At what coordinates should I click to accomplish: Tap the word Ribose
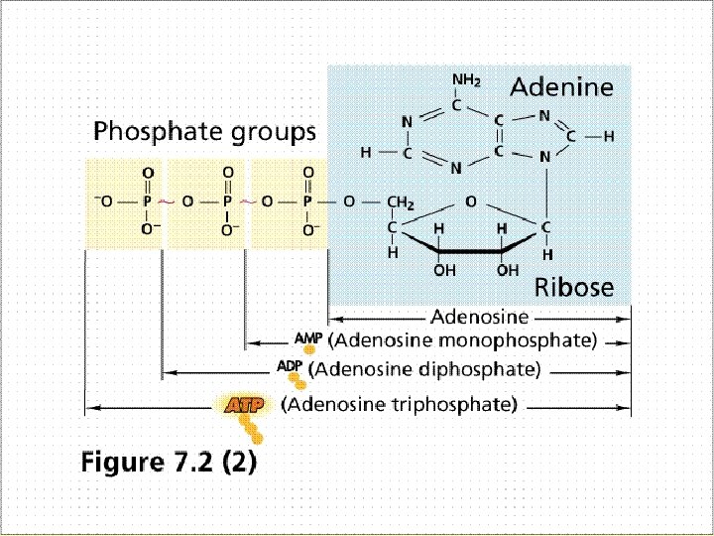(x=574, y=288)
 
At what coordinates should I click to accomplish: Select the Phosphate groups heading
(x=204, y=131)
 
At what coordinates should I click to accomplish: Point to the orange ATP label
(x=242, y=405)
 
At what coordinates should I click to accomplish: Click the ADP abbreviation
(x=290, y=366)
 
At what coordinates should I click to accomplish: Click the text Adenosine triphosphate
(x=399, y=405)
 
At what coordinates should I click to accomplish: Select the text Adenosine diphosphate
(x=424, y=369)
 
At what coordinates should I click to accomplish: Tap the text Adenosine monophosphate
(x=462, y=340)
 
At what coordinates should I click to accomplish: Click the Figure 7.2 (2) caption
(x=169, y=462)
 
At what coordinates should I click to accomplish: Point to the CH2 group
(x=399, y=203)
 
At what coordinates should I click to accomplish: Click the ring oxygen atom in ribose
(x=472, y=202)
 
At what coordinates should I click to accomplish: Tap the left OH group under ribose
(x=443, y=269)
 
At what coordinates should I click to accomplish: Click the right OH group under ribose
(x=507, y=269)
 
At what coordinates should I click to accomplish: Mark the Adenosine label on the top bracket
(x=479, y=319)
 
